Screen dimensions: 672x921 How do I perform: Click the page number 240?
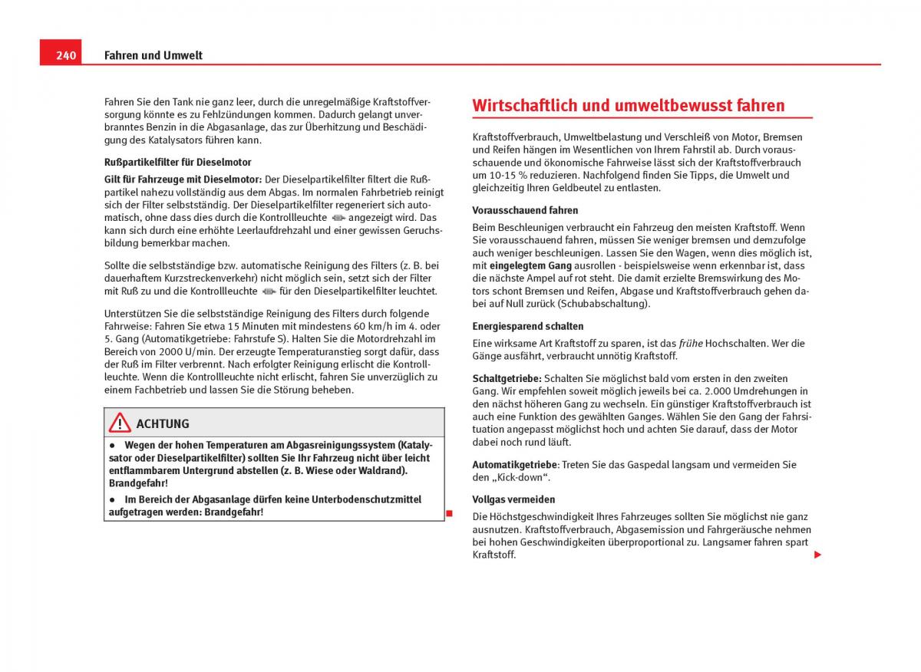(66, 55)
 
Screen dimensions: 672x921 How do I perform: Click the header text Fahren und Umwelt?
(153, 55)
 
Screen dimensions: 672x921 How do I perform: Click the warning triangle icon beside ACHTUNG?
(120, 423)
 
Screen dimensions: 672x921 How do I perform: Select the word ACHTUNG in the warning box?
(163, 423)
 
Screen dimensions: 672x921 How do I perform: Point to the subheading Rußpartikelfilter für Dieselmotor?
(177, 162)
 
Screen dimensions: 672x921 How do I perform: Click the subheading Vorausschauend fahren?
(525, 210)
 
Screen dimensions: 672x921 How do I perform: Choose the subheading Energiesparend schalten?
(527, 326)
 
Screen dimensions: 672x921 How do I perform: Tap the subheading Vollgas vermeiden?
(513, 499)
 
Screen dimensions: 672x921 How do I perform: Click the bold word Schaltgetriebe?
(507, 379)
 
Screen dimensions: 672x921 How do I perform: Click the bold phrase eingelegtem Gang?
(531, 265)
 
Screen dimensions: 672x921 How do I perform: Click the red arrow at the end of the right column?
(817, 555)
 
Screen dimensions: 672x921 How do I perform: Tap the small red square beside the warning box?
(450, 512)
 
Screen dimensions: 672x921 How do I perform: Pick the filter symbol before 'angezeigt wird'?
(338, 217)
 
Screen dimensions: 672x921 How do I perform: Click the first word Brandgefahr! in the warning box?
(138, 483)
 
